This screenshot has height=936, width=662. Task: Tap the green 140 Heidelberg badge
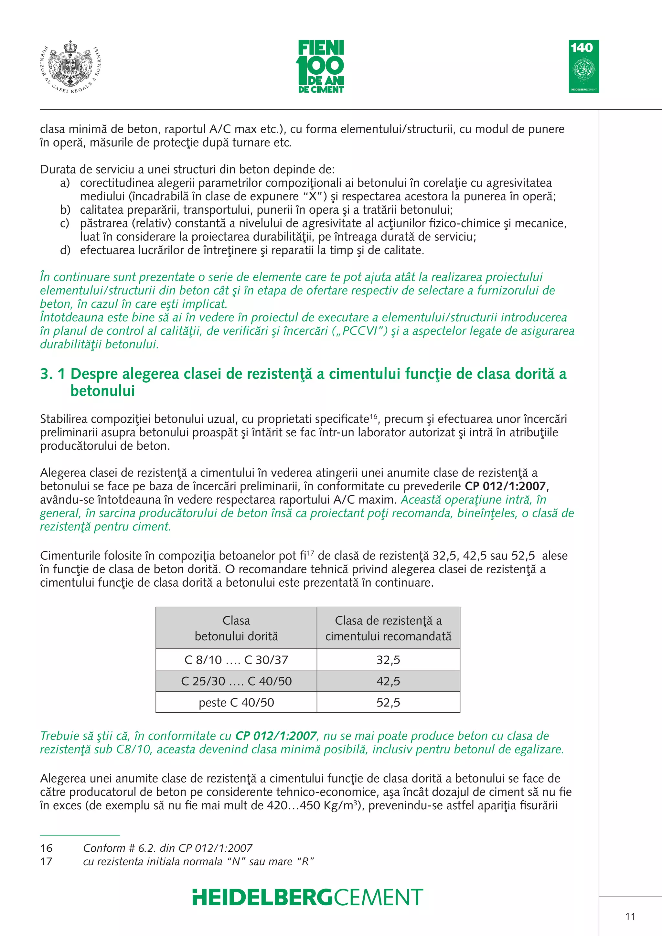tap(584, 67)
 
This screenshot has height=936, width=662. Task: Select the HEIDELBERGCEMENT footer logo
tap(308, 897)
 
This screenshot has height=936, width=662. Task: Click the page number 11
tap(630, 916)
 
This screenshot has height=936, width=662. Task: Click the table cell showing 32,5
tap(388, 660)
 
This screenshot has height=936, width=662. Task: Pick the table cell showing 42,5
tap(388, 681)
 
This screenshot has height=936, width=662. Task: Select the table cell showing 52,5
tap(388, 702)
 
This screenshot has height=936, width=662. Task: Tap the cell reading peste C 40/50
tap(236, 702)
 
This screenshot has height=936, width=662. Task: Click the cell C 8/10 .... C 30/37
tap(236, 660)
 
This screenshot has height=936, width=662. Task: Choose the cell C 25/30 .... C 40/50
tap(236, 681)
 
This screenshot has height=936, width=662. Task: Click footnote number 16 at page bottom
tap(47, 848)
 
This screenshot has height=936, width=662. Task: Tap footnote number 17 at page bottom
tap(47, 861)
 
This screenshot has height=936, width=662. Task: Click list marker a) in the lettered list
tap(65, 183)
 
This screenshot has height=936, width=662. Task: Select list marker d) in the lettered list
tap(65, 250)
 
